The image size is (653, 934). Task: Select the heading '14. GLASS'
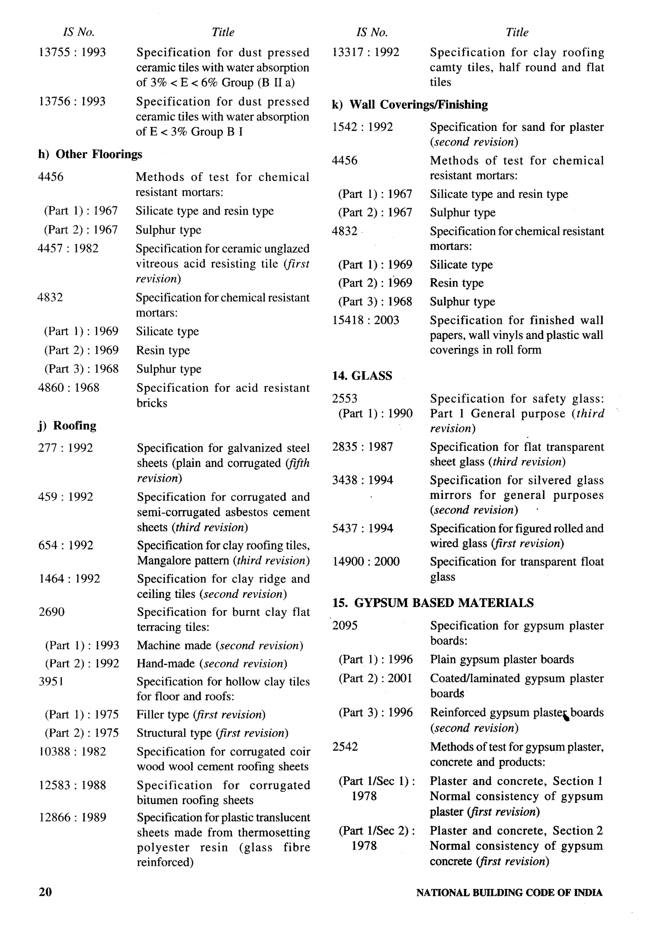tap(362, 376)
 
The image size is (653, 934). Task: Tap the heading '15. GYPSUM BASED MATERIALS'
tap(432, 602)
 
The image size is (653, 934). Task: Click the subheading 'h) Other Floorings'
tap(90, 154)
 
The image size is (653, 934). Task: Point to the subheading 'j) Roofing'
tap(67, 426)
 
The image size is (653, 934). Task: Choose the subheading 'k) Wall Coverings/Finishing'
tap(410, 105)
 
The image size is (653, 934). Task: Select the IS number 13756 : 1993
tap(72, 101)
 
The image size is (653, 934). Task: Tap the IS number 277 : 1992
tap(65, 448)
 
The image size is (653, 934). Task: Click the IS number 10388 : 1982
tap(72, 751)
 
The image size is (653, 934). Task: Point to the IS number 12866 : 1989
tap(72, 817)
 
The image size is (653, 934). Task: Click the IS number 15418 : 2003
tap(366, 320)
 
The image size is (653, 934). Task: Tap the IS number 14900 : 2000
tap(366, 561)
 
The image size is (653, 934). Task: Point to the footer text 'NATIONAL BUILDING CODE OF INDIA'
tap(509, 893)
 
